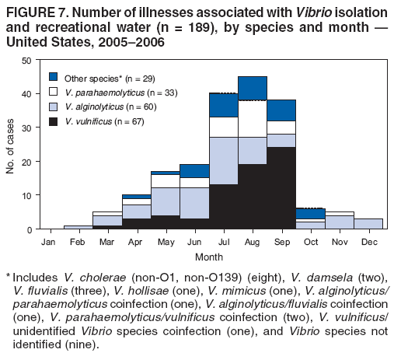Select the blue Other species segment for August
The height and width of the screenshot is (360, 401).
(x=253, y=88)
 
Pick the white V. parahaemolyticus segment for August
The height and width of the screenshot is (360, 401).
(x=253, y=119)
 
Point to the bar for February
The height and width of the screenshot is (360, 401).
(x=77, y=227)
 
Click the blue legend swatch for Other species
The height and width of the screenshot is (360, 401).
(x=54, y=77)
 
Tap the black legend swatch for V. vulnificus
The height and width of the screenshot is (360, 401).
(x=54, y=121)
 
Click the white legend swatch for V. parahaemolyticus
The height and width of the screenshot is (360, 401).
(x=54, y=92)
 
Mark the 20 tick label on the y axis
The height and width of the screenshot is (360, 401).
(x=27, y=162)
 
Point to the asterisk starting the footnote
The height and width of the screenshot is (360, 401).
(x=8, y=276)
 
